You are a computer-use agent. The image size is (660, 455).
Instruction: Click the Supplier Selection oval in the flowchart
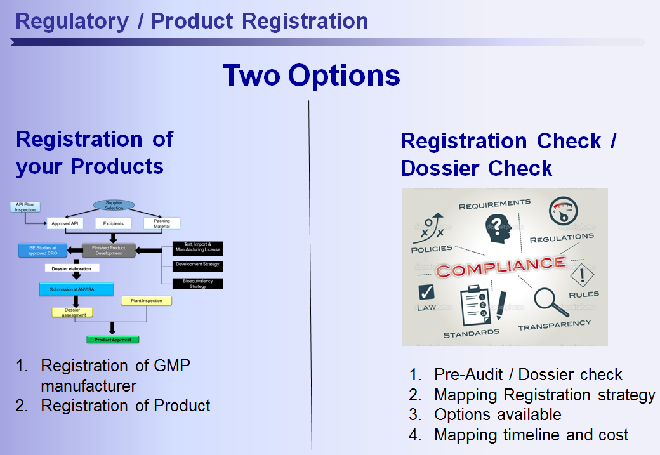114,205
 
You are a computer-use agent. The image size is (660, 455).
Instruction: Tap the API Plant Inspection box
25,207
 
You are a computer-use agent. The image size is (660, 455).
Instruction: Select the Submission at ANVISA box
76,289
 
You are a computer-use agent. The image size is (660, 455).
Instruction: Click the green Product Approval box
112,340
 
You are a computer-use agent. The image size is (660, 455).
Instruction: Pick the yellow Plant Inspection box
147,300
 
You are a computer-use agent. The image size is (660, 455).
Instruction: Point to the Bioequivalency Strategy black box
198,284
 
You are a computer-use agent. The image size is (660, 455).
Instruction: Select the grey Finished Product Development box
109,250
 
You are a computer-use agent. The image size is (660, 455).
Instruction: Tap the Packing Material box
162,223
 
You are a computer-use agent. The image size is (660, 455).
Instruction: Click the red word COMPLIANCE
500,266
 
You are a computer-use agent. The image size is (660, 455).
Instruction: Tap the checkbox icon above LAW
426,293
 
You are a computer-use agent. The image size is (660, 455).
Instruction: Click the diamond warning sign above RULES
581,275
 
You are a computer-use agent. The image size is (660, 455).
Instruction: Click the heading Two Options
311,76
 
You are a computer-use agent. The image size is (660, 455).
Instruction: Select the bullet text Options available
498,414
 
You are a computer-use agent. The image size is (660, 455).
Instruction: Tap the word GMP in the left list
172,366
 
